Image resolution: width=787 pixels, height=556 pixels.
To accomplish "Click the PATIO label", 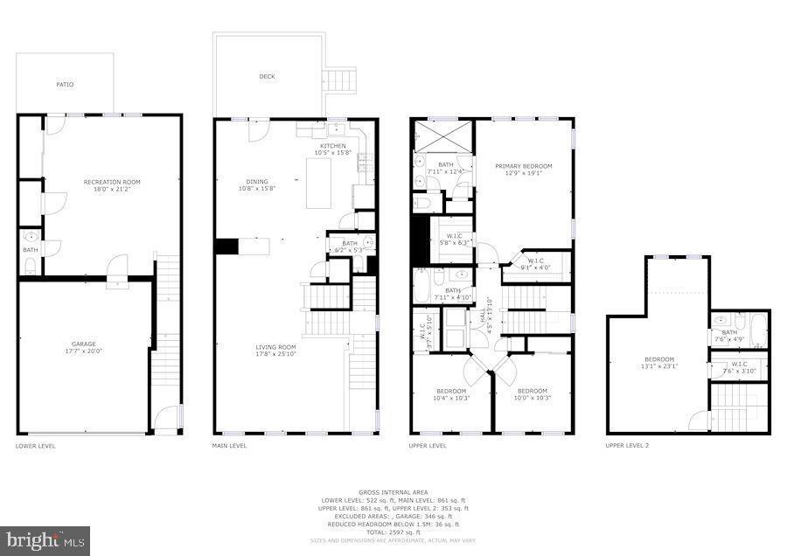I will (65, 85).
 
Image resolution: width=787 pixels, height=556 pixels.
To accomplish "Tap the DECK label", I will (267, 77).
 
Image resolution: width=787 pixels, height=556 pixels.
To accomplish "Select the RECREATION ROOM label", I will (112, 182).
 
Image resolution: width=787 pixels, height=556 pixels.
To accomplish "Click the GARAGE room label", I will (84, 344).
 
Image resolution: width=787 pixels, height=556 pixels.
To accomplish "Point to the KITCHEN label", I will (332, 146).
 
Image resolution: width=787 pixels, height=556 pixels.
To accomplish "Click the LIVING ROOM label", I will (276, 347).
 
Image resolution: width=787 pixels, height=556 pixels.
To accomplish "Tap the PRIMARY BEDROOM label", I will (524, 166).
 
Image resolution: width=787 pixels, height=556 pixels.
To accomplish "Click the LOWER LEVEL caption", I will (36, 445).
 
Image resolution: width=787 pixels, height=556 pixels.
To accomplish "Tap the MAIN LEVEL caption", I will (230, 445).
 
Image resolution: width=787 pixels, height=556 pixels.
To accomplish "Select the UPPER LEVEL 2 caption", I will (627, 445).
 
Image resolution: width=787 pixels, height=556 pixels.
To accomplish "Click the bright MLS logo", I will (45, 539).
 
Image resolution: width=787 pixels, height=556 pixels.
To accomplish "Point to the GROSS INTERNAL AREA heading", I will (393, 492).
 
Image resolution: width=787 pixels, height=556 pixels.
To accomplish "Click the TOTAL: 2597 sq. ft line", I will (393, 532).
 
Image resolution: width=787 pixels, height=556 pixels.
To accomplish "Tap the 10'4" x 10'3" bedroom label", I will (452, 394).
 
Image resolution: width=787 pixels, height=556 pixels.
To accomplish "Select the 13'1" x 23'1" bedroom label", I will (660, 363).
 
